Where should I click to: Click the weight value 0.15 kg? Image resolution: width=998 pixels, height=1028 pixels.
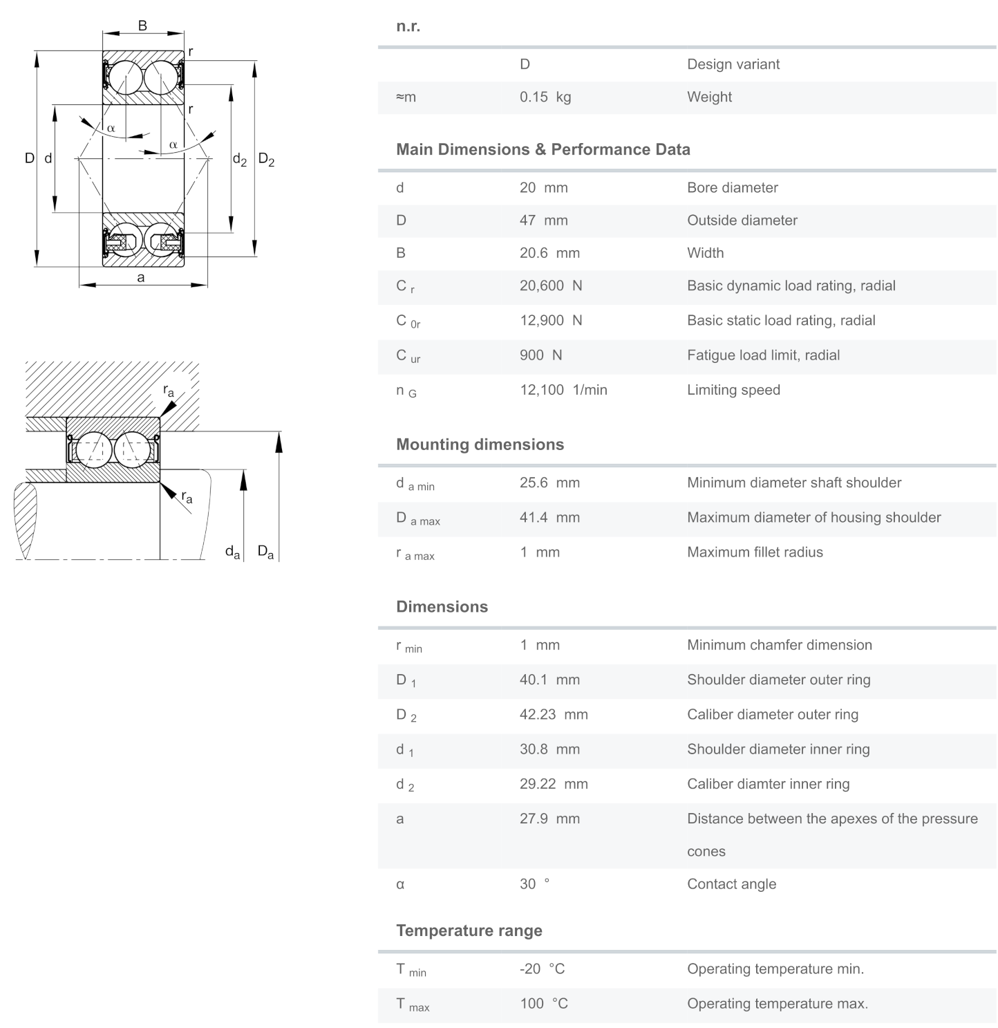[545, 97]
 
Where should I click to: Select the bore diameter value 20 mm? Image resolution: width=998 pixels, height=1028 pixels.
[543, 188]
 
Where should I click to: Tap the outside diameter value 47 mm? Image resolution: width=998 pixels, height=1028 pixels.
[543, 221]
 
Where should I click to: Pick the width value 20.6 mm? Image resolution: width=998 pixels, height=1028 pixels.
[549, 253]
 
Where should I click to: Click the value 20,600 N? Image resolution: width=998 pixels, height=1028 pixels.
[551, 286]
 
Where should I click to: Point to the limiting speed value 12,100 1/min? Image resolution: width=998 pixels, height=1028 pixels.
[563, 390]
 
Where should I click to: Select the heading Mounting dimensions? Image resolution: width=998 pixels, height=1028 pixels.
[480, 445]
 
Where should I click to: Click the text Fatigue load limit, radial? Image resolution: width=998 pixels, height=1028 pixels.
[763, 355]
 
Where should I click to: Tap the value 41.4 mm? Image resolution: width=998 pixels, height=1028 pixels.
[549, 518]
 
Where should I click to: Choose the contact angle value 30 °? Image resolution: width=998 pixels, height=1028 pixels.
[534, 884]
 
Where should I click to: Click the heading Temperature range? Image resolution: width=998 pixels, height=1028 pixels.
[469, 931]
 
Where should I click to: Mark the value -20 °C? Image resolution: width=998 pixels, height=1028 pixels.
[542, 969]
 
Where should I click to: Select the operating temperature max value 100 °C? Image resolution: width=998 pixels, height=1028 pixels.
[543, 1004]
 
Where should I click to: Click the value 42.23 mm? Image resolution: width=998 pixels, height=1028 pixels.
[554, 715]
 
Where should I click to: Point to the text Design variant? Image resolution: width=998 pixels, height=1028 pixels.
[733, 64]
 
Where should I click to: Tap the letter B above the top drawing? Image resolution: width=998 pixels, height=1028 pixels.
[142, 26]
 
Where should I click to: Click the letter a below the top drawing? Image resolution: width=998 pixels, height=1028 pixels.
[141, 278]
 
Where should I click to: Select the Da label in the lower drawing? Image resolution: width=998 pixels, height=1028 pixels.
[265, 552]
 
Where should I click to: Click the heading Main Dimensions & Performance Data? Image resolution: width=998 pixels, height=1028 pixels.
[543, 150]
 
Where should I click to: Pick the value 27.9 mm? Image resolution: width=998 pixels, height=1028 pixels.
[549, 819]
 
